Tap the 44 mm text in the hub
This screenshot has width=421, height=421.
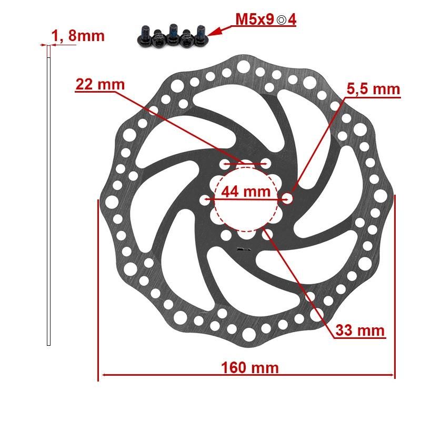[245, 192]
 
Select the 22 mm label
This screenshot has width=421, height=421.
[100, 84]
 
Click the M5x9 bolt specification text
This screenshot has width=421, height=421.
[255, 20]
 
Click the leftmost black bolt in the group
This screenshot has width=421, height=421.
[143, 35]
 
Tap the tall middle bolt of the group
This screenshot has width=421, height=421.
[173, 33]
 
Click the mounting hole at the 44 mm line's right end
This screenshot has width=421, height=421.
[287, 198]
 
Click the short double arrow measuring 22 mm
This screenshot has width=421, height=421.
[245, 164]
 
